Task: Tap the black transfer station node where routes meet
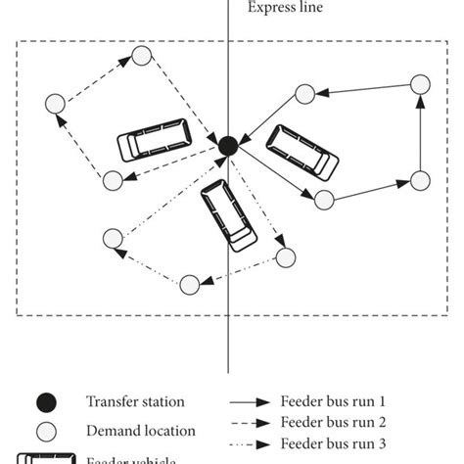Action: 227,146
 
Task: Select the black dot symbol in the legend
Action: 46,401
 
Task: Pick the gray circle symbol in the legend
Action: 46,431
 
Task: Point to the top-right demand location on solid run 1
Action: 419,84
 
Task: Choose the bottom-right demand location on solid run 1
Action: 419,179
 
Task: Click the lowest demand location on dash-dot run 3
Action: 189,284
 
